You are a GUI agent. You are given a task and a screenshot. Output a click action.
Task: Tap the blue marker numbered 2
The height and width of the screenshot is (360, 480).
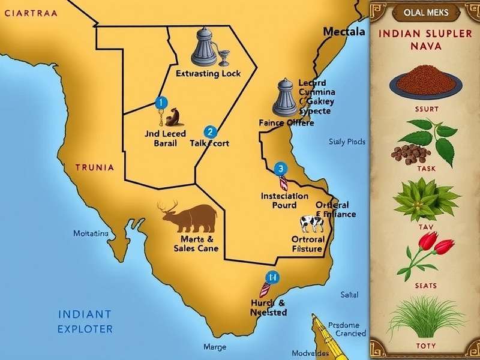[209, 131]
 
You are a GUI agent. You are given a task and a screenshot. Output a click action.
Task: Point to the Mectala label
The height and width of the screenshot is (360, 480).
[344, 32]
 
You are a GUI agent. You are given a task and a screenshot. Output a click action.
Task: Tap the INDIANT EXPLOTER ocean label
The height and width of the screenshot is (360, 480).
[85, 321]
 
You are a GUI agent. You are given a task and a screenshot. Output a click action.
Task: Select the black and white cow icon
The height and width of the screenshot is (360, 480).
[311, 224]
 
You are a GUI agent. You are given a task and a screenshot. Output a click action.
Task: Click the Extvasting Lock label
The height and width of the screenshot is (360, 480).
[208, 74]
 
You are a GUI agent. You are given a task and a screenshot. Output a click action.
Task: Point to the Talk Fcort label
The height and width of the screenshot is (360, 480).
[209, 144]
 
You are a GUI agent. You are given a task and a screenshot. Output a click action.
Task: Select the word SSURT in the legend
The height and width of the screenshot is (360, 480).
[426, 110]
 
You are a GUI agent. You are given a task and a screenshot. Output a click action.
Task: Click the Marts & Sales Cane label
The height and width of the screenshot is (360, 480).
[187, 244]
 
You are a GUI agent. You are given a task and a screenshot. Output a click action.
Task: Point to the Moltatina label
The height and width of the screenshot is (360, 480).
[91, 233]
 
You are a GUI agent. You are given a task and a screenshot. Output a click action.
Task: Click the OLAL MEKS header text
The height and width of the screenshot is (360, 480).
[425, 12]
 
